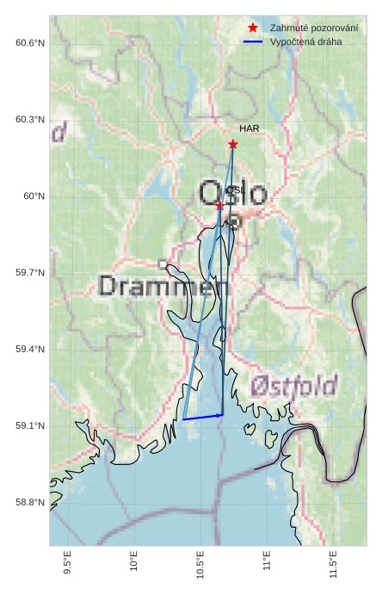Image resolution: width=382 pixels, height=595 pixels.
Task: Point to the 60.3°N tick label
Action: point(30,120)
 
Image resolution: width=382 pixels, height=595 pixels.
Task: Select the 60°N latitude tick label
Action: point(34,196)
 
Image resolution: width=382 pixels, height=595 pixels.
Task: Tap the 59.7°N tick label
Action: point(30,273)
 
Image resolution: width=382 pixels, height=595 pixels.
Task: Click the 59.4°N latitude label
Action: point(30,350)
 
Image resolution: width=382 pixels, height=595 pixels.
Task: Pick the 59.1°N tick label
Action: point(30,426)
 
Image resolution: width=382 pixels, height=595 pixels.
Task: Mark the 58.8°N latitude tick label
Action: point(30,503)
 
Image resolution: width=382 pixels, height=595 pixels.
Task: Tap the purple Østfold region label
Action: point(294,386)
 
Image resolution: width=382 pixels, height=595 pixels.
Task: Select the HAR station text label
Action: point(250,128)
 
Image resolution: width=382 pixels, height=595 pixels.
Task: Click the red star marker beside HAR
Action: point(233,145)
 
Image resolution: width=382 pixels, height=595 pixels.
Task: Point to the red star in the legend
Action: point(252,28)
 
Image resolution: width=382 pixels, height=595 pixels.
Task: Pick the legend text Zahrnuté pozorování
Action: point(314,28)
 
